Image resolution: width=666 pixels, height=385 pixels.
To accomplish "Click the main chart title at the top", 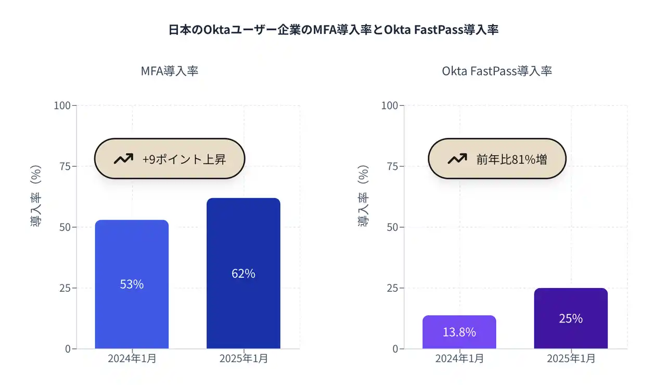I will pyautogui.click(x=334, y=30).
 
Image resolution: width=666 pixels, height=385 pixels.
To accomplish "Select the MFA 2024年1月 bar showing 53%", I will pyautogui.click(x=132, y=284).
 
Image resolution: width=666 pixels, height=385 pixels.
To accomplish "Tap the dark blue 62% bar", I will pyautogui.click(x=243, y=273).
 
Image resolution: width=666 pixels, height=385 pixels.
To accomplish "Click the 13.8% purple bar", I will pyautogui.click(x=459, y=332).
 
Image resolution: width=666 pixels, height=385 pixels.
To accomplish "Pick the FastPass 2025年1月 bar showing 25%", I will pyautogui.click(x=570, y=318).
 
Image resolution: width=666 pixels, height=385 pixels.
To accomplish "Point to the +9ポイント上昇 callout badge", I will pyautogui.click(x=169, y=159).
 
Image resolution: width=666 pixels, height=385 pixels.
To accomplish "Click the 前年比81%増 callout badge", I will pyautogui.click(x=496, y=159).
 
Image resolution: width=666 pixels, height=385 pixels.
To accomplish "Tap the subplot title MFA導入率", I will pyautogui.click(x=170, y=71).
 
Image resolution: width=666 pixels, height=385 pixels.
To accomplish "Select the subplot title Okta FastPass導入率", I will pyautogui.click(x=496, y=71).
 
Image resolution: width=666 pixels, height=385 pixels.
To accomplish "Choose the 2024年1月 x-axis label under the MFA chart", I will pyautogui.click(x=132, y=358).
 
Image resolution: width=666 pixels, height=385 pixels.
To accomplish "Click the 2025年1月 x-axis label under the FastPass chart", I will pyautogui.click(x=571, y=358).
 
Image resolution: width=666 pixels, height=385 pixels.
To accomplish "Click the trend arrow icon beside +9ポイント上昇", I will pyautogui.click(x=123, y=159).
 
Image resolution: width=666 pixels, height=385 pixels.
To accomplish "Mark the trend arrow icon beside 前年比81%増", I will pyautogui.click(x=457, y=159).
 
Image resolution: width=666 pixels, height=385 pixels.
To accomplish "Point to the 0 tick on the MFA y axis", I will pyautogui.click(x=68, y=349).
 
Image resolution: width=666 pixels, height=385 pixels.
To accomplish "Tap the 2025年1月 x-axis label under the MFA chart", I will pyautogui.click(x=244, y=358).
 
